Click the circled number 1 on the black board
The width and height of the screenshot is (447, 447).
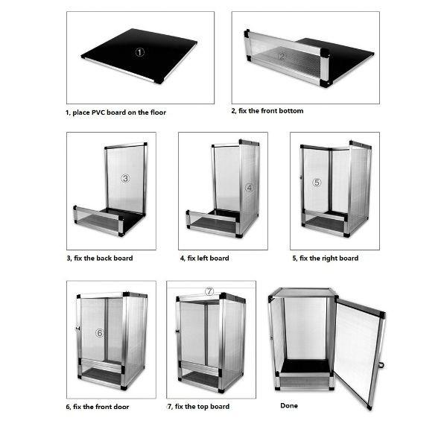[x=140, y=52]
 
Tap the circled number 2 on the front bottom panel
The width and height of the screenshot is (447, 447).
[x=282, y=56]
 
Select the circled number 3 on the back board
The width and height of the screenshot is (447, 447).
[x=125, y=179]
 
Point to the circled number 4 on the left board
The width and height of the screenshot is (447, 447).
[x=250, y=188]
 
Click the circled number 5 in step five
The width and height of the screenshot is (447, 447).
[x=317, y=183]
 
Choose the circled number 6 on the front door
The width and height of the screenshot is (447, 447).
[x=100, y=333]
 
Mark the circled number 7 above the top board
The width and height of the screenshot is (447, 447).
[x=209, y=291]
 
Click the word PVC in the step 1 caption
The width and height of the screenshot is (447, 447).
[x=98, y=112]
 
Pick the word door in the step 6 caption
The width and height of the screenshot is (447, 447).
[x=121, y=407]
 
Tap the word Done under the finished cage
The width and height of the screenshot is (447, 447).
[x=289, y=406]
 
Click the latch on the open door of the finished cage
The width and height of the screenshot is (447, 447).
[x=381, y=364]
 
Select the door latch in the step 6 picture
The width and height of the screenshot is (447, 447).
[x=77, y=329]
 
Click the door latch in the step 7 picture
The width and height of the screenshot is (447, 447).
[x=177, y=332]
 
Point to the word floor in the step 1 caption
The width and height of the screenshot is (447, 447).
[x=158, y=112]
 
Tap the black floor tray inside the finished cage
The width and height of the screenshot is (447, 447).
[x=305, y=366]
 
